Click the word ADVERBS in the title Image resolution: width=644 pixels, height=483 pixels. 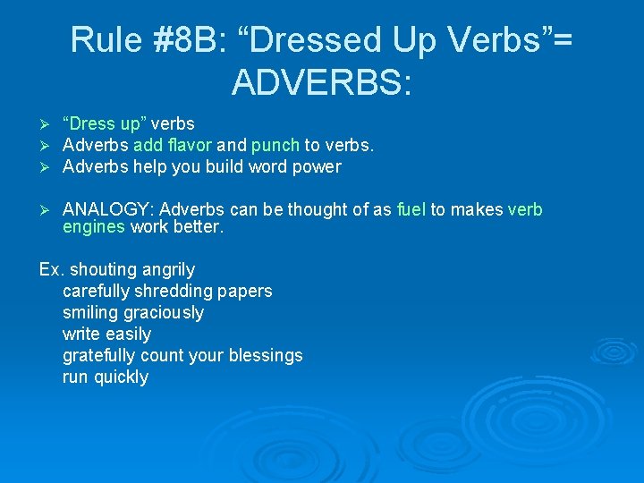coord(322,82)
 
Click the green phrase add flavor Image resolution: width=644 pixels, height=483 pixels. coord(173,145)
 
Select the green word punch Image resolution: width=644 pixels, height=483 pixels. coord(275,145)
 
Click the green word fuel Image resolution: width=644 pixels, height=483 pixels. coord(411,209)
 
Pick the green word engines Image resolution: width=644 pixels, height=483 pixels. coord(94,227)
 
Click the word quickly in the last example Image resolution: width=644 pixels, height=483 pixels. coord(120,377)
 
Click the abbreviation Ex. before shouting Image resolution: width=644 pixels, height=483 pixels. coord(52,269)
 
